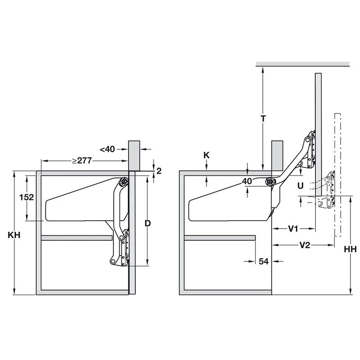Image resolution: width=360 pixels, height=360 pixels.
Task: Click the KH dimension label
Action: [14, 234]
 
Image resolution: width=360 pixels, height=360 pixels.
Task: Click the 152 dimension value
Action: [27, 196]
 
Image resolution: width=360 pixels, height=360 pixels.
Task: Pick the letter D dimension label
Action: [147, 223]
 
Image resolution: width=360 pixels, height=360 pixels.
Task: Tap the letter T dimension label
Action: [264, 118]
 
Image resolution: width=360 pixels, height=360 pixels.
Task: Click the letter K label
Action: [206, 155]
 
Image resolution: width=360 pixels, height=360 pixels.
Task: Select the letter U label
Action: [300, 185]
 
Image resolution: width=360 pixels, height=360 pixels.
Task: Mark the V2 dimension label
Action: [305, 245]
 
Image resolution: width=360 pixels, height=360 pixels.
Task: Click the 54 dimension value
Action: [263, 261]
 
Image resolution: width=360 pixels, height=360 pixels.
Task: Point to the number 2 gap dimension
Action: [158, 170]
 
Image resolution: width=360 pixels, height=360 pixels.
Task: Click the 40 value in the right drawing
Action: [247, 181]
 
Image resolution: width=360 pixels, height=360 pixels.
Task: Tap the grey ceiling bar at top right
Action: [302, 64]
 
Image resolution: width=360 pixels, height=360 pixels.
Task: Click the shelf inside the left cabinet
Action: [76, 238]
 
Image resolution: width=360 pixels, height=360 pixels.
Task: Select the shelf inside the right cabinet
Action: [220, 238]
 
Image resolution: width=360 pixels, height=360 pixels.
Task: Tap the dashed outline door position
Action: [338, 175]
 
